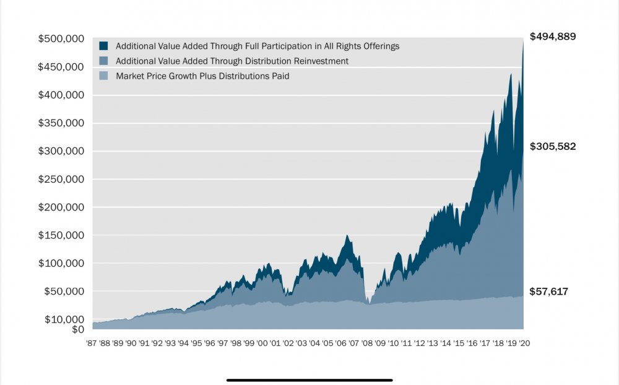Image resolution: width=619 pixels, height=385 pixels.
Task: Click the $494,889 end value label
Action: [x=553, y=37]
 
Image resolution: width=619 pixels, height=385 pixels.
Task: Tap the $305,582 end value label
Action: [x=553, y=147]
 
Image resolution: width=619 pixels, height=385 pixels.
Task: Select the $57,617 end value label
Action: [x=548, y=292]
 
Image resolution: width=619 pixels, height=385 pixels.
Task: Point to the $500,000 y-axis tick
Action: [x=61, y=39]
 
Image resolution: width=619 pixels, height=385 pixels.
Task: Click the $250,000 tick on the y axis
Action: [x=61, y=180]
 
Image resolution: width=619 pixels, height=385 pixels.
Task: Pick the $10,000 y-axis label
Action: [x=64, y=319]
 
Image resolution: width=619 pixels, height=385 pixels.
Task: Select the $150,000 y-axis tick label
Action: [x=61, y=236]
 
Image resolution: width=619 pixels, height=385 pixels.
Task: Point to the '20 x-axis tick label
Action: [x=524, y=342]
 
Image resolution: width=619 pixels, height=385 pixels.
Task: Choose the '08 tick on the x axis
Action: [x=367, y=342]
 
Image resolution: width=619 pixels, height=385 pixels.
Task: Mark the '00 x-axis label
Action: [x=262, y=342]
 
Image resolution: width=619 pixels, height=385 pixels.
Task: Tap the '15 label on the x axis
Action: [x=459, y=342]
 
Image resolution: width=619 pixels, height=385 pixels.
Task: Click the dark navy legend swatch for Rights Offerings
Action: [x=103, y=46]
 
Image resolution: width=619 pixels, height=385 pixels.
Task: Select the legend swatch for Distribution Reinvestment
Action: [x=103, y=61]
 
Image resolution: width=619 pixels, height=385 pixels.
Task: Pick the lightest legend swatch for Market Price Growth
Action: [x=103, y=76]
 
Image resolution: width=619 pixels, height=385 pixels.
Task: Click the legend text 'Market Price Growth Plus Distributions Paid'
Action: [x=202, y=76]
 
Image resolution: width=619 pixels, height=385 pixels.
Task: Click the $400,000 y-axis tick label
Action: [x=61, y=95]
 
